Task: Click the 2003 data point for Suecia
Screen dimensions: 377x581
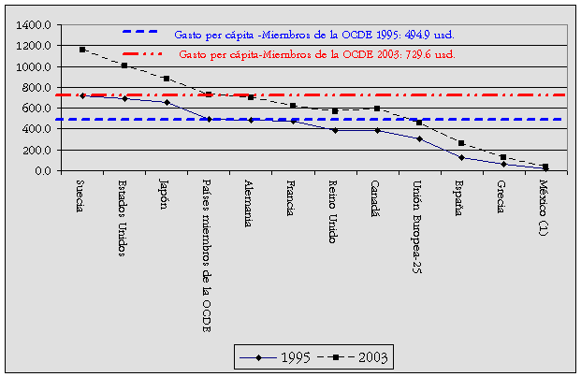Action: [82, 50]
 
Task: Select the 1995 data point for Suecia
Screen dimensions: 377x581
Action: [82, 95]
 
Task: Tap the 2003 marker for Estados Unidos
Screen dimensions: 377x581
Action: [124, 65]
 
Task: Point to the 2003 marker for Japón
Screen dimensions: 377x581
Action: [167, 79]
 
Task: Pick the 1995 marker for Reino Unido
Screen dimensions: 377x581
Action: [334, 130]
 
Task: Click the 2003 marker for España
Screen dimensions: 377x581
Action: [460, 143]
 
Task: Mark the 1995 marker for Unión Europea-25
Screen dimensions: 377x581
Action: [418, 138]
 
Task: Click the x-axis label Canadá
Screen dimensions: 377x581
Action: [375, 199]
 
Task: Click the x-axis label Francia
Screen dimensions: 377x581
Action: [291, 198]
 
